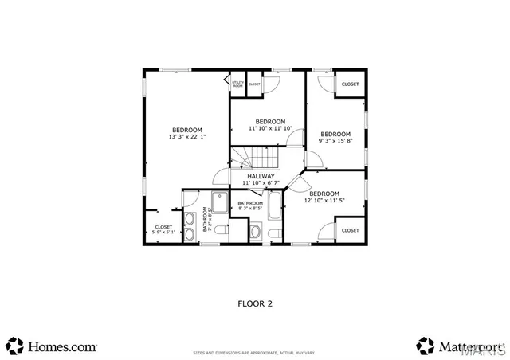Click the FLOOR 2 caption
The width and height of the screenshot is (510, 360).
coord(255,303)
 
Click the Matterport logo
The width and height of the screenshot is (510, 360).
coord(458,346)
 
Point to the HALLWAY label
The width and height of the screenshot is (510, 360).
coord(261,176)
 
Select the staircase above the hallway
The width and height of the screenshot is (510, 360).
coord(259,157)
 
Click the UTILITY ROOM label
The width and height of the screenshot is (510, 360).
coord(237,84)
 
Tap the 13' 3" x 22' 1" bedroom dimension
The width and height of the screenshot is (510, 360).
coord(187,137)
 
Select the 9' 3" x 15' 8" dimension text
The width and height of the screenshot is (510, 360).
coord(335,141)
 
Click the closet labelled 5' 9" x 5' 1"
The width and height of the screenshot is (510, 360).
coord(163,229)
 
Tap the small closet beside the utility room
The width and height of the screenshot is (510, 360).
coord(254,84)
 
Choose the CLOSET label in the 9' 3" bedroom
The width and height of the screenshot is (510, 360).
coord(350,84)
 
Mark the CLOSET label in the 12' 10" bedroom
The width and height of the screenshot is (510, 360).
coord(350,230)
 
